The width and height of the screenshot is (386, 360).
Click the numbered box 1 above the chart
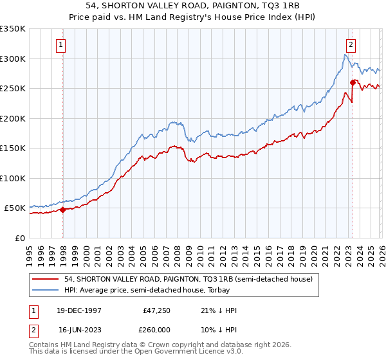[60, 45]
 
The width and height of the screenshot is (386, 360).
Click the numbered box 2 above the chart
[351, 45]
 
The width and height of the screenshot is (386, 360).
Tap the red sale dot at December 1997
[63, 210]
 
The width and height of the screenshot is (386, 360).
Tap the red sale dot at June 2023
[353, 82]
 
